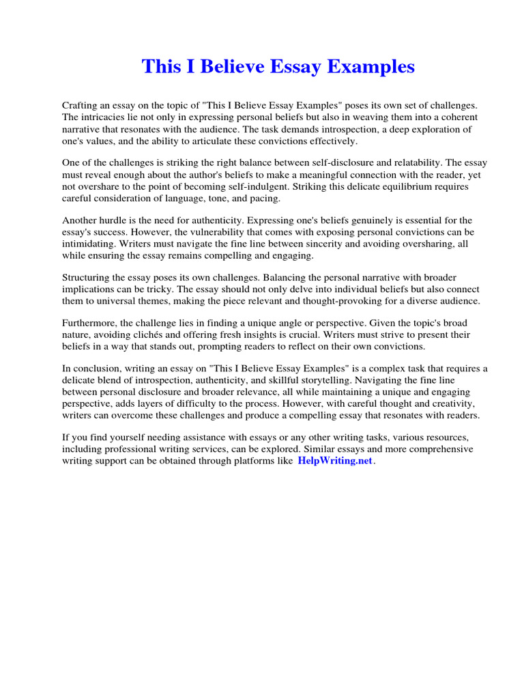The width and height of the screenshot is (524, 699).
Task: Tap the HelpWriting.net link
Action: (335, 461)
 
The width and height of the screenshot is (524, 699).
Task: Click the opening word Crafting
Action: (81, 106)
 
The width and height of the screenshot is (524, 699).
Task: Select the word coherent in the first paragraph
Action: (468, 117)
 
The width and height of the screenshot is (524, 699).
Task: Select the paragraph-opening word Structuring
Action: (89, 278)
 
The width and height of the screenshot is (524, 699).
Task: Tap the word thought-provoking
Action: (338, 301)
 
